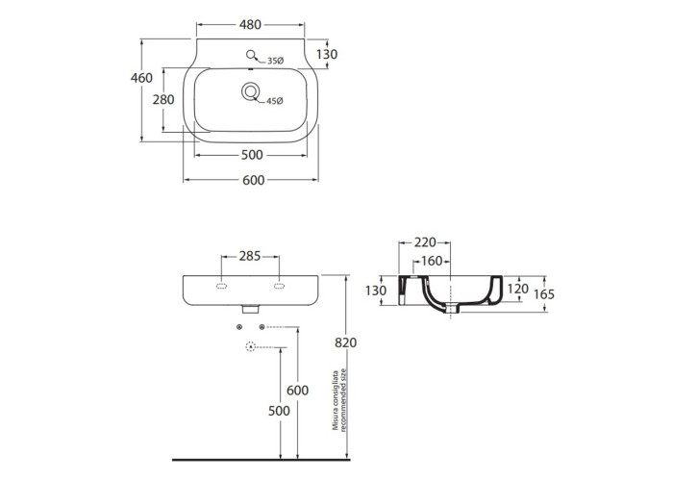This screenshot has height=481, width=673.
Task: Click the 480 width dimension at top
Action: [250, 25]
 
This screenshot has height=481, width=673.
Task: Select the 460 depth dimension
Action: [141, 78]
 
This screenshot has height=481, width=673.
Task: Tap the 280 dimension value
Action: [163, 100]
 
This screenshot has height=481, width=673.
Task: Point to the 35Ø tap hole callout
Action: [276, 61]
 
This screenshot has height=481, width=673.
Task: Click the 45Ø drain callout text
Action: [275, 101]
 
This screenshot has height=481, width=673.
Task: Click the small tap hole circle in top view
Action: [251, 55]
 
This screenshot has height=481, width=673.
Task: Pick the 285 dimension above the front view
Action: [250, 257]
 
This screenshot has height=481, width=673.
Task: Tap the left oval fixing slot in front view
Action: [221, 286]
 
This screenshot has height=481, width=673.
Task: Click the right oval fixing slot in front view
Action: [280, 286]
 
